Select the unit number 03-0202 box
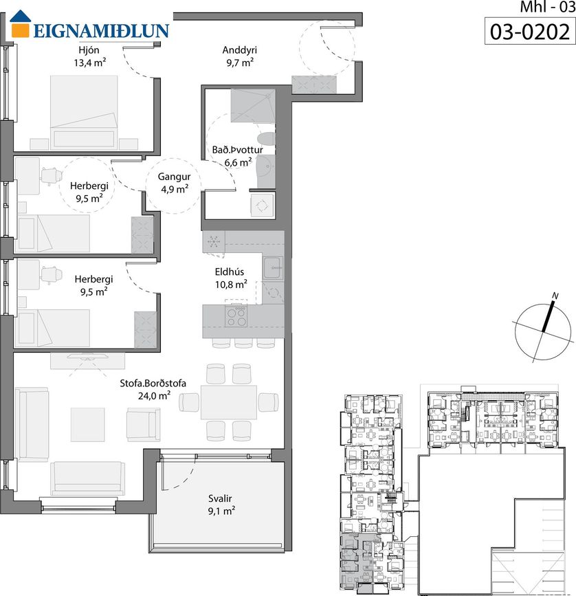(530, 32)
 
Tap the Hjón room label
(89, 49)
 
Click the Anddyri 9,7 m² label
(240, 56)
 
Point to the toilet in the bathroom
(266, 139)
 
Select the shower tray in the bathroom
(253, 106)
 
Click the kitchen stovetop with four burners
(236, 317)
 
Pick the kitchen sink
(273, 268)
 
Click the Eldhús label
(230, 272)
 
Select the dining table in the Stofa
(229, 402)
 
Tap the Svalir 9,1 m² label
(221, 505)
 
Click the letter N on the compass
(555, 296)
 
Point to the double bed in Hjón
(84, 111)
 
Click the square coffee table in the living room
(88, 425)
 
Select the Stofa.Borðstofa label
(153, 383)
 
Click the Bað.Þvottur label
(237, 150)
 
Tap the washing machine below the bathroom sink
(262, 206)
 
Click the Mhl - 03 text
(547, 7)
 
